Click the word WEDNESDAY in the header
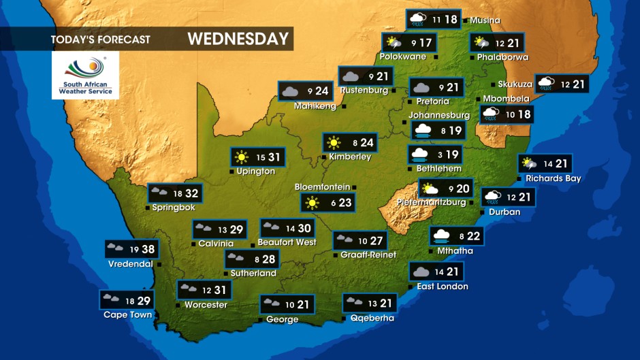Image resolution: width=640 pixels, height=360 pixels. click(238, 39)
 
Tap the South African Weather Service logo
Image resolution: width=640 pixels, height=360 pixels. click(85, 76)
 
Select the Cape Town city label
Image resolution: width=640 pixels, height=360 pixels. click(127, 315)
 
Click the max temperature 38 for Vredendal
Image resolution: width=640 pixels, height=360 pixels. click(148, 250)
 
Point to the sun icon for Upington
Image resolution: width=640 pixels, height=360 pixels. click(242, 158)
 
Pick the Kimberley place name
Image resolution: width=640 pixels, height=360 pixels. click(350, 157)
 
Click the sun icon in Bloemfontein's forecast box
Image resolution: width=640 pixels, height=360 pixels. click(313, 202)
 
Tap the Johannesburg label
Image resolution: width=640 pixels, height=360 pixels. click(439, 115)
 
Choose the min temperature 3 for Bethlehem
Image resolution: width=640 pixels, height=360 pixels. click(441, 155)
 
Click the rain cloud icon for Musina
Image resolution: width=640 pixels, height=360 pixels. click(417, 19)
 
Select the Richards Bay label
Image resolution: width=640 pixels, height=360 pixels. click(553, 179)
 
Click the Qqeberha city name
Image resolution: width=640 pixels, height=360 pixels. click(372, 318)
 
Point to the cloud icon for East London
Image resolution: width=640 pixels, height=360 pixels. click(420, 272)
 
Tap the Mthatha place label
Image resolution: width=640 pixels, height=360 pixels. click(455, 251)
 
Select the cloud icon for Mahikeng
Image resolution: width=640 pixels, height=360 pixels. click(289, 91)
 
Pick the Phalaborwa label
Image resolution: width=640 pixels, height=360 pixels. click(502, 57)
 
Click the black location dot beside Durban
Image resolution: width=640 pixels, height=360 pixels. click(483, 212)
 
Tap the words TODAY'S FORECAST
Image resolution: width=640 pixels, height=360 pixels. click(100, 39)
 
